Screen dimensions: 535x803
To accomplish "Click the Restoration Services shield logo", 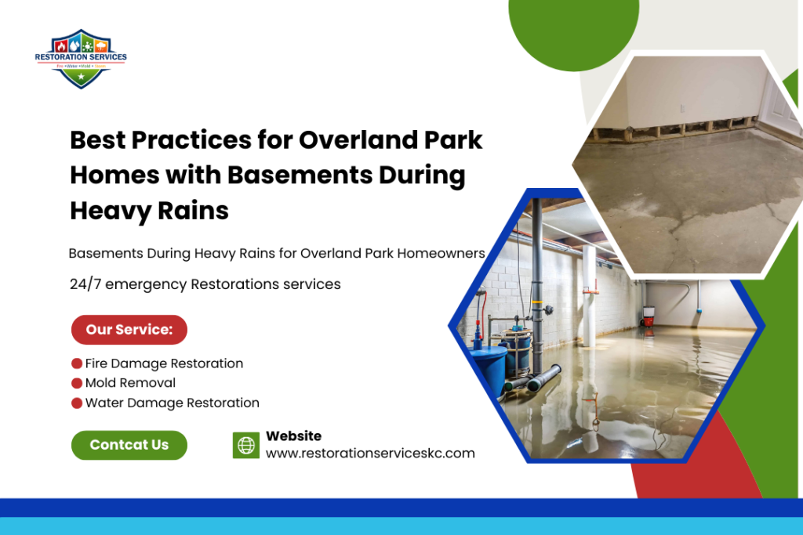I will click(x=81, y=59).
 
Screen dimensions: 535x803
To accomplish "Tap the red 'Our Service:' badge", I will click(x=129, y=330).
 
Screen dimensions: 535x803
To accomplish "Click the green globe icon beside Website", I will click(x=246, y=445).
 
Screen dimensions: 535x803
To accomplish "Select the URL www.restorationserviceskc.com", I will click(x=370, y=454).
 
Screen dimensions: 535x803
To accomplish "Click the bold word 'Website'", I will click(x=293, y=436).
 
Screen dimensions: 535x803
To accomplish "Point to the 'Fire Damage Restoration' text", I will click(x=164, y=363).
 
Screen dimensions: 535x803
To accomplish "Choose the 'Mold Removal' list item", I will click(x=130, y=383).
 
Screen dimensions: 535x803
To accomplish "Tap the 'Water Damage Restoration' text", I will click(x=172, y=403).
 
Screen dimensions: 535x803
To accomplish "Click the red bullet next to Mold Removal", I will click(x=77, y=383).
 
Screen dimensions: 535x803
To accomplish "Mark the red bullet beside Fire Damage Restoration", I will click(x=77, y=363).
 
